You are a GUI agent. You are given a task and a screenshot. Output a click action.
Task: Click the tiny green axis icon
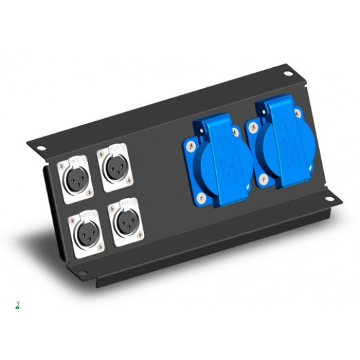pos(16,303)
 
